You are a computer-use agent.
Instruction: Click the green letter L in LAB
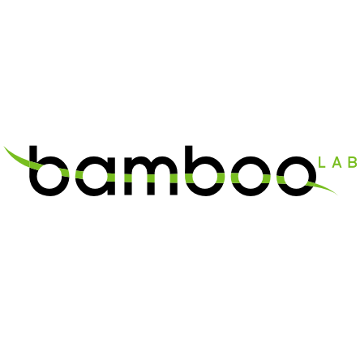[x=322, y=162]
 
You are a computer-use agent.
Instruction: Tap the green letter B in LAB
[x=353, y=162]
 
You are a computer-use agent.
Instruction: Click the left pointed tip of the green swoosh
[x=4, y=147]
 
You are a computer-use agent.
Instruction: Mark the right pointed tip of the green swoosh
[x=337, y=194]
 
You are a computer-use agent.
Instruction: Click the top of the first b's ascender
[x=33, y=146]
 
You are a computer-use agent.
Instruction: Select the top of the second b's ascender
[x=189, y=146]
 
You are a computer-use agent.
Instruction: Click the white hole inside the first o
[x=251, y=176]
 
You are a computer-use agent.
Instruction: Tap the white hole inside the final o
[x=297, y=176]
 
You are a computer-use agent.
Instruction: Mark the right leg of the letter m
[x=174, y=180]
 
